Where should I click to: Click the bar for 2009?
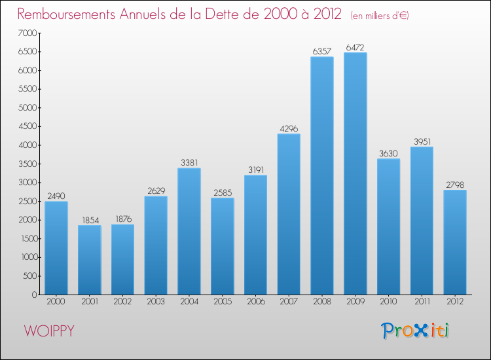click(x=355, y=173)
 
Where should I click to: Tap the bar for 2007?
click(x=289, y=214)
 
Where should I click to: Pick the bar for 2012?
click(x=455, y=242)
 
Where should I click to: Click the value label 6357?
click(x=322, y=51)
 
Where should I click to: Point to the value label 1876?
click(x=122, y=219)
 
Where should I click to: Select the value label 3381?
click(x=189, y=163)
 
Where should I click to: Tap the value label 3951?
click(x=422, y=141)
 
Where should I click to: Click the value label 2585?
click(x=222, y=192)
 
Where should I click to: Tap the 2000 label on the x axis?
click(x=56, y=302)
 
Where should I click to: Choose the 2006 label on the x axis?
click(x=255, y=302)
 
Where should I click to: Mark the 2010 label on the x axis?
click(x=389, y=302)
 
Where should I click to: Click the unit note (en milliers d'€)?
click(x=380, y=16)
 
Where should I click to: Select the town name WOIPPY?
click(x=49, y=331)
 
